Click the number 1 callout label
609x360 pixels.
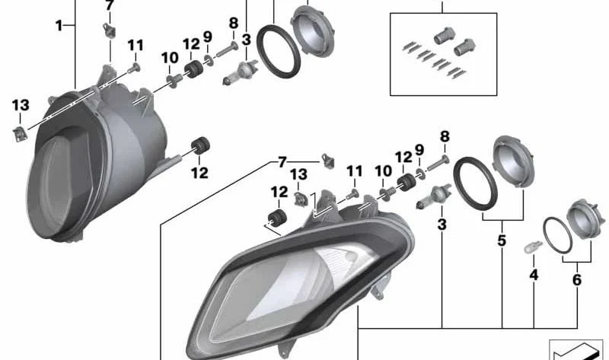pyautogui.click(x=59, y=26)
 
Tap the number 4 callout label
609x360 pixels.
pyautogui.click(x=534, y=275)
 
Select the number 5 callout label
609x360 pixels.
pyautogui.click(x=502, y=241)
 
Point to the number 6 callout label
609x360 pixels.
pyautogui.click(x=577, y=279)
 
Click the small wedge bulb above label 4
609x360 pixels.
pyautogui.click(x=532, y=246)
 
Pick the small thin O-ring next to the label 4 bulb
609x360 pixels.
pyautogui.click(x=557, y=234)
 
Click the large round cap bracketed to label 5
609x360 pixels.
pyautogui.click(x=514, y=162)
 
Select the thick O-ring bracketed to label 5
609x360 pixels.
pyautogui.click(x=475, y=182)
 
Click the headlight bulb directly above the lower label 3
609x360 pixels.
pyautogui.click(x=434, y=196)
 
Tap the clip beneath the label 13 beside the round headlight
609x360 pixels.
pyautogui.click(x=20, y=134)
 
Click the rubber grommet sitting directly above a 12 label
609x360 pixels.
pyautogui.click(x=200, y=145)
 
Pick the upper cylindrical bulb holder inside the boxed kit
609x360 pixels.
pyautogui.click(x=445, y=36)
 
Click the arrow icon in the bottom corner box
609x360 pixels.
pyautogui.click(x=576, y=352)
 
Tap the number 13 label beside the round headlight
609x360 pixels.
pyautogui.click(x=21, y=105)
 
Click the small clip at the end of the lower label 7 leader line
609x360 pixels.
pyautogui.click(x=328, y=161)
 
